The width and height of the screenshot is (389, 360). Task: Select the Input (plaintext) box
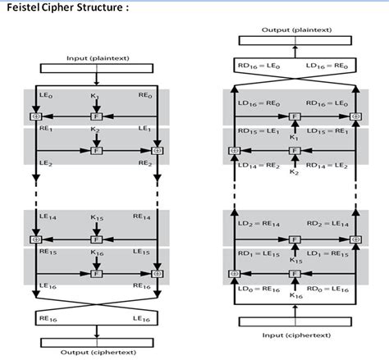point(97,60)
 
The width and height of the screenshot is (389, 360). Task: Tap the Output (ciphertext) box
point(98,353)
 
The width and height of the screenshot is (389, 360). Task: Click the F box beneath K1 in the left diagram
point(96,116)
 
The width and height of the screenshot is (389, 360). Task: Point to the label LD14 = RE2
point(255,165)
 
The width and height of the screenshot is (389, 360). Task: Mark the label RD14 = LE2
point(332,165)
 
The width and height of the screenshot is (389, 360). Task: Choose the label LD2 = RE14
point(255,223)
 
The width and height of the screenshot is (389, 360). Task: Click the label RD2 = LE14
point(332,223)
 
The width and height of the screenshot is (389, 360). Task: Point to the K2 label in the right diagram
point(294,173)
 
